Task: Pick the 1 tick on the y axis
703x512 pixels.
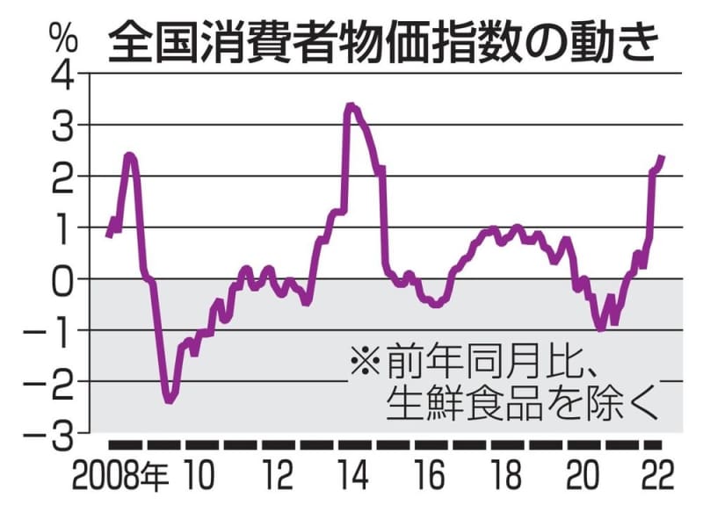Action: point(67,228)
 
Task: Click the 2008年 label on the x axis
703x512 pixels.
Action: point(120,480)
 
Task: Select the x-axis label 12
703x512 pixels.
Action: point(277,480)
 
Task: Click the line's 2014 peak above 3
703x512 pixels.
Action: point(351,107)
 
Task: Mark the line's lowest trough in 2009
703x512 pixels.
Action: point(169,400)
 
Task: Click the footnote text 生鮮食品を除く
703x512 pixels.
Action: point(521,405)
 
